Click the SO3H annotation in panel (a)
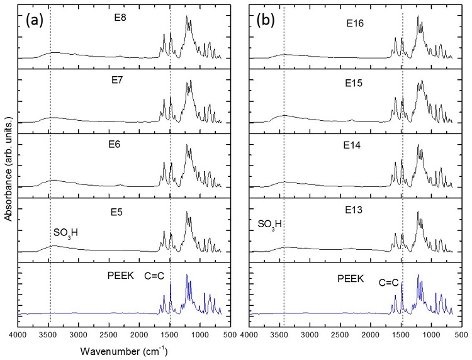[65, 233]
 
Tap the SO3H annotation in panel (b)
[270, 224]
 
